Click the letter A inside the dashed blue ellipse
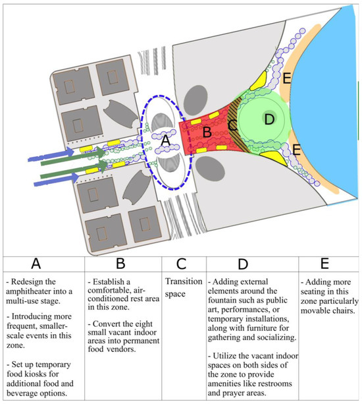click(166, 140)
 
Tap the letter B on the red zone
click(207, 132)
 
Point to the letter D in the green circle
click(269, 119)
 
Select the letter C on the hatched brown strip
click(232, 125)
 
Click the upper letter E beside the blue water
click(287, 78)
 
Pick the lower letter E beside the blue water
click(296, 150)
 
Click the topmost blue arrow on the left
click(51, 155)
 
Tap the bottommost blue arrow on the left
click(57, 179)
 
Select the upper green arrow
click(73, 158)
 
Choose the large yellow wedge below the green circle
click(273, 158)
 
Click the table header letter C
click(182, 264)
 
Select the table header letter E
click(324, 264)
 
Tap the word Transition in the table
click(184, 281)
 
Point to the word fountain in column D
click(223, 300)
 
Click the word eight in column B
click(143, 324)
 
